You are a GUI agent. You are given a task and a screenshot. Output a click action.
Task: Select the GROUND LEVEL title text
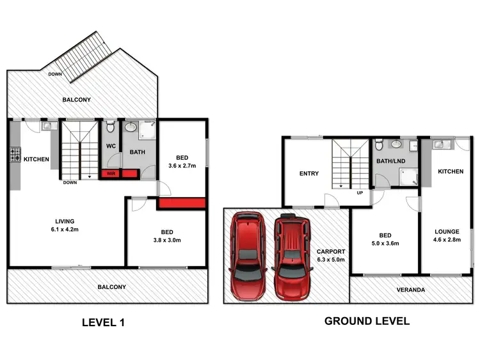[367, 321]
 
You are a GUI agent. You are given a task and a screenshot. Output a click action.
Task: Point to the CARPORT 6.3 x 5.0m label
[332, 256]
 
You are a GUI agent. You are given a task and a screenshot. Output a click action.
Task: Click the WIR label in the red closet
[111, 173]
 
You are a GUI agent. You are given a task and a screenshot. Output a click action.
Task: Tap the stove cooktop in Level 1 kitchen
[15, 155]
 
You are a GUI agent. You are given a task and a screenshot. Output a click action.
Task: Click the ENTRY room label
[308, 173]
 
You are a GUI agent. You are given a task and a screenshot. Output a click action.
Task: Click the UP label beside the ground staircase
[361, 192]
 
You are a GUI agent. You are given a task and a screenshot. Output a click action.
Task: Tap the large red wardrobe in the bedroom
[181, 203]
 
